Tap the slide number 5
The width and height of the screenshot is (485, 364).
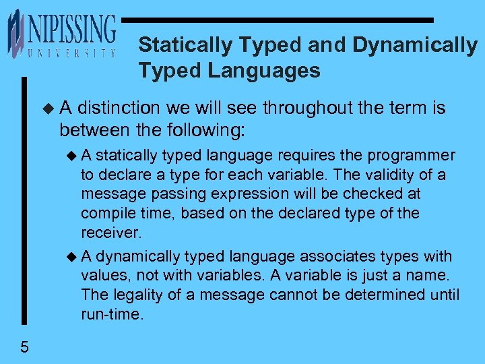24,348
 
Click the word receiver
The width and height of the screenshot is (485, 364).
110,233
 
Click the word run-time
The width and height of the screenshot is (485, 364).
112,313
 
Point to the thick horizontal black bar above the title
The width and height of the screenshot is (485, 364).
278,20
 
